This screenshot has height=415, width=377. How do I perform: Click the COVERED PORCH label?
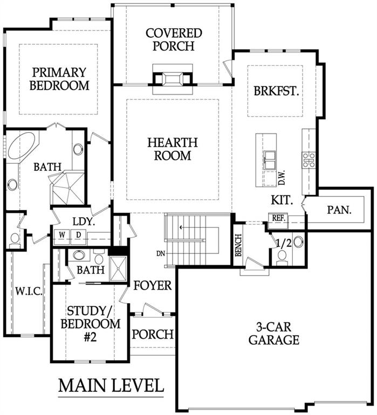coord(174,39)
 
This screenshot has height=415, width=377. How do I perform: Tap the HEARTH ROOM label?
coord(173,149)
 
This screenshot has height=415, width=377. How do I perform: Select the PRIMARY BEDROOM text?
coord(59,79)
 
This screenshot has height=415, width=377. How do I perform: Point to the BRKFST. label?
coord(276,91)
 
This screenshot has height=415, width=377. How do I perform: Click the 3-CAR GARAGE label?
coord(274,333)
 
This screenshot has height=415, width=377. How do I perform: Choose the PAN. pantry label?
coord(339,210)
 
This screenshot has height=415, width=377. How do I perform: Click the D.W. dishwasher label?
coord(282,177)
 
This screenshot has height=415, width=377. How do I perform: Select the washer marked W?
coord(62,235)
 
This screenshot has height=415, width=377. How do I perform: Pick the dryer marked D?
coord(78,235)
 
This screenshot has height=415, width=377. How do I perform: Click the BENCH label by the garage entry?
coord(238,245)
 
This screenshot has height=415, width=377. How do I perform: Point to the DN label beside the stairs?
coord(161,253)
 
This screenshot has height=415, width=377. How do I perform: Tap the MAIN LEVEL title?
coord(111,385)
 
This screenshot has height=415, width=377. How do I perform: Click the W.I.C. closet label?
coord(29,292)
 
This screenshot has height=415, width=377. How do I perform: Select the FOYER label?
coord(153,285)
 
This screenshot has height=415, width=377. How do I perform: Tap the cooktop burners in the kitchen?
coord(309,160)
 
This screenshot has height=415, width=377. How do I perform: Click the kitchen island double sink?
coord(270,159)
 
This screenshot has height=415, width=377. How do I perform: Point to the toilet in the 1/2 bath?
coord(282,257)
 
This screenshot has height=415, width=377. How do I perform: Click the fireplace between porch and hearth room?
coord(173,79)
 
